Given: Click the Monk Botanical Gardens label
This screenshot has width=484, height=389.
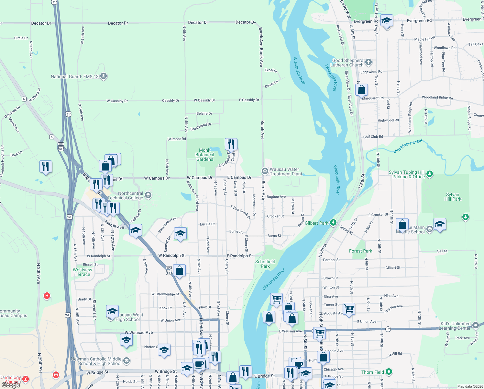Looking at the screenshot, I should click(205, 155).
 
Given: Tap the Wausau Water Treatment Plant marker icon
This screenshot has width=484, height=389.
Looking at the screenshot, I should click(265, 171).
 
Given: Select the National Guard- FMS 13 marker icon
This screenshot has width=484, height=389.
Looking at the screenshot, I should click(104, 77).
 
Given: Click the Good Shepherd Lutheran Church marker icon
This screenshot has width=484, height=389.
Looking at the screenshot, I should click(368, 62).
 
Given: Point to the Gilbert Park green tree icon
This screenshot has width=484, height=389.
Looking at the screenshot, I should click(333, 223).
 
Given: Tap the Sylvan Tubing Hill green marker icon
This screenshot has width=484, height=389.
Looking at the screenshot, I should click(430, 174).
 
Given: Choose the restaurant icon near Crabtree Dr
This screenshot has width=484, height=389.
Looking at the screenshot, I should click(231, 143).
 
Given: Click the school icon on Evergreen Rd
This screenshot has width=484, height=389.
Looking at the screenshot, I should click(387, 21).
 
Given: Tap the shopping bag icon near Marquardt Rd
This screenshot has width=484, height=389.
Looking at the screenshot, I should click(361, 89).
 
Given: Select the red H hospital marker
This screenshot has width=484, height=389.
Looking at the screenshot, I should click(47, 296).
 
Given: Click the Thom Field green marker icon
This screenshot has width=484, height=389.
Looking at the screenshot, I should click(389, 371).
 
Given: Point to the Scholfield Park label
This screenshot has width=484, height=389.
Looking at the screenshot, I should click(265, 264).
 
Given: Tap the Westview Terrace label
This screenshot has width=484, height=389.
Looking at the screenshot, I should click(82, 272).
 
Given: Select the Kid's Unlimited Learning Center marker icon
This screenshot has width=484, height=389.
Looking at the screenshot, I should click(475, 325).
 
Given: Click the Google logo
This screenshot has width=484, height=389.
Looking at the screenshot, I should click(11, 385).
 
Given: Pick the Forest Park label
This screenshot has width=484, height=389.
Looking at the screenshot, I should click(360, 251).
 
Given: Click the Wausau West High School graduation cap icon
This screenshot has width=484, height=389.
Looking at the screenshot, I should click(112, 312).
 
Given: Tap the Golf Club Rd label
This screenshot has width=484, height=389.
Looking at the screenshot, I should click(373, 137).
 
